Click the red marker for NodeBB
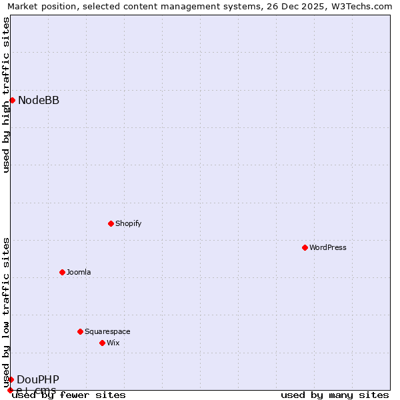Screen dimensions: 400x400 (12, 101)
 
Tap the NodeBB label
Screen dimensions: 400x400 (38, 101)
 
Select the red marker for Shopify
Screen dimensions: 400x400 (111, 223)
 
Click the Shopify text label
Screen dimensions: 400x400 (128, 223)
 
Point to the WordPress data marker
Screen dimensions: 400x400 (305, 247)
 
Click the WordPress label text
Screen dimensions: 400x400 (328, 247)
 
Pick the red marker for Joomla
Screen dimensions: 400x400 (62, 272)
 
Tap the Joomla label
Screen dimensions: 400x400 (79, 272)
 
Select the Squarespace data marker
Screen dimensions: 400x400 (80, 331)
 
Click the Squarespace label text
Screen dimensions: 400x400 (107, 331)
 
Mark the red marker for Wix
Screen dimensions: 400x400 (102, 343)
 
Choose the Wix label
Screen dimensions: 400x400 (113, 343)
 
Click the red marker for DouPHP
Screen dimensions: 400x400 (11, 379)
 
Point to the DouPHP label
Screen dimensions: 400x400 (38, 379)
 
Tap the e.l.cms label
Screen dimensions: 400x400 (36, 390)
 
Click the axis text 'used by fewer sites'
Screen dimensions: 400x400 (69, 395)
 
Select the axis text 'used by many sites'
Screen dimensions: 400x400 (335, 395)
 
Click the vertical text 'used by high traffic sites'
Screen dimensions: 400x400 (6, 95)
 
